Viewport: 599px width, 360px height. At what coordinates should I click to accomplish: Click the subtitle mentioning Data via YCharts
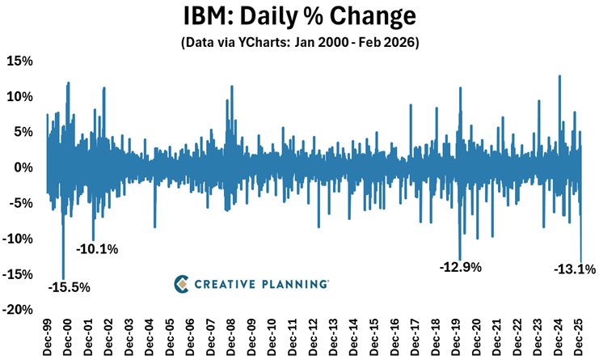click(x=298, y=41)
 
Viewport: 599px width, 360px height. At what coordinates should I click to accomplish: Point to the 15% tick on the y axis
click(x=19, y=61)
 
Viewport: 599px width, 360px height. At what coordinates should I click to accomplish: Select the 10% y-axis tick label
click(x=19, y=97)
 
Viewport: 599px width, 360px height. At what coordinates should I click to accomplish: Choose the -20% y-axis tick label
click(x=18, y=310)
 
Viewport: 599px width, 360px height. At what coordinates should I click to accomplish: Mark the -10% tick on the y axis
click(x=18, y=239)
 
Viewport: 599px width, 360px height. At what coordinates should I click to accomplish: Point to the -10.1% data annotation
click(x=97, y=249)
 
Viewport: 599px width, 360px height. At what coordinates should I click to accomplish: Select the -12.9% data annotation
click(x=461, y=266)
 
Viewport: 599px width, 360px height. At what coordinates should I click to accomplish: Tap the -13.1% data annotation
click(x=575, y=269)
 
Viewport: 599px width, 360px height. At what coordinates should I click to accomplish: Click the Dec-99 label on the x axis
click(x=47, y=338)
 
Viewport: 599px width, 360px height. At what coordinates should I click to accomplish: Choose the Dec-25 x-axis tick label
click(x=579, y=338)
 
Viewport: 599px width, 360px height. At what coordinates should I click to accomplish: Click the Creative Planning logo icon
click(x=183, y=284)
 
